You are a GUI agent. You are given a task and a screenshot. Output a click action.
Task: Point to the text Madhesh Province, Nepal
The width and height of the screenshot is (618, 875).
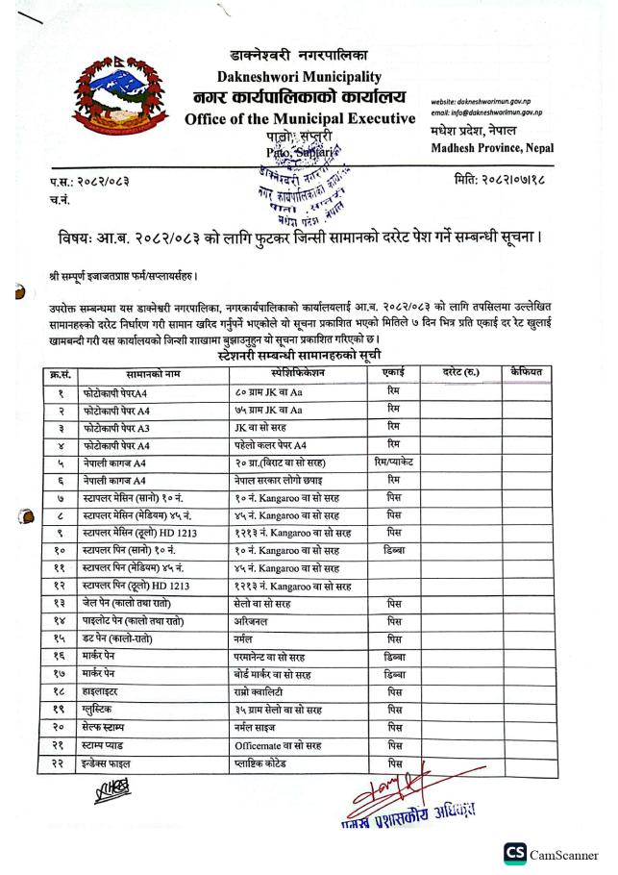tap(489, 145)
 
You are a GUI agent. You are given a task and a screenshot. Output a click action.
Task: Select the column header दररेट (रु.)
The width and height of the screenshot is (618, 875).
tap(460, 370)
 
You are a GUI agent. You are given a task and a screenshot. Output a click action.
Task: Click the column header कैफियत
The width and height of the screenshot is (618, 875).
tap(527, 370)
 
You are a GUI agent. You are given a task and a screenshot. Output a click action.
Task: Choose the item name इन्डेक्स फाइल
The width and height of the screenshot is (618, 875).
tap(109, 763)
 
